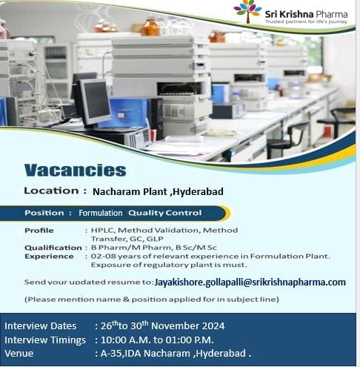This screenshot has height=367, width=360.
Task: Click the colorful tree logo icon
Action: (247, 11)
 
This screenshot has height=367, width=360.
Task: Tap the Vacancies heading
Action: (76, 171)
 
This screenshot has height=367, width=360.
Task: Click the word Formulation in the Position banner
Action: (101, 213)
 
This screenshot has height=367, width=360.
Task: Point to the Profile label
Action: (39, 231)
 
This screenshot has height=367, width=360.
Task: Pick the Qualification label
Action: (53, 248)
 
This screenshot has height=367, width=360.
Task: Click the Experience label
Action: (49, 257)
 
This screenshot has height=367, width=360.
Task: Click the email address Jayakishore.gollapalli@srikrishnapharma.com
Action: (250, 282)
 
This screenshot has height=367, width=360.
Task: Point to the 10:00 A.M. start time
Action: (125, 340)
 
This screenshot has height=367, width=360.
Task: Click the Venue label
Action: (19, 354)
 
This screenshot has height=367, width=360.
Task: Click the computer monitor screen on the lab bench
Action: (96, 101)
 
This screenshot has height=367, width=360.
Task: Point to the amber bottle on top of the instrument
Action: (150, 27)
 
